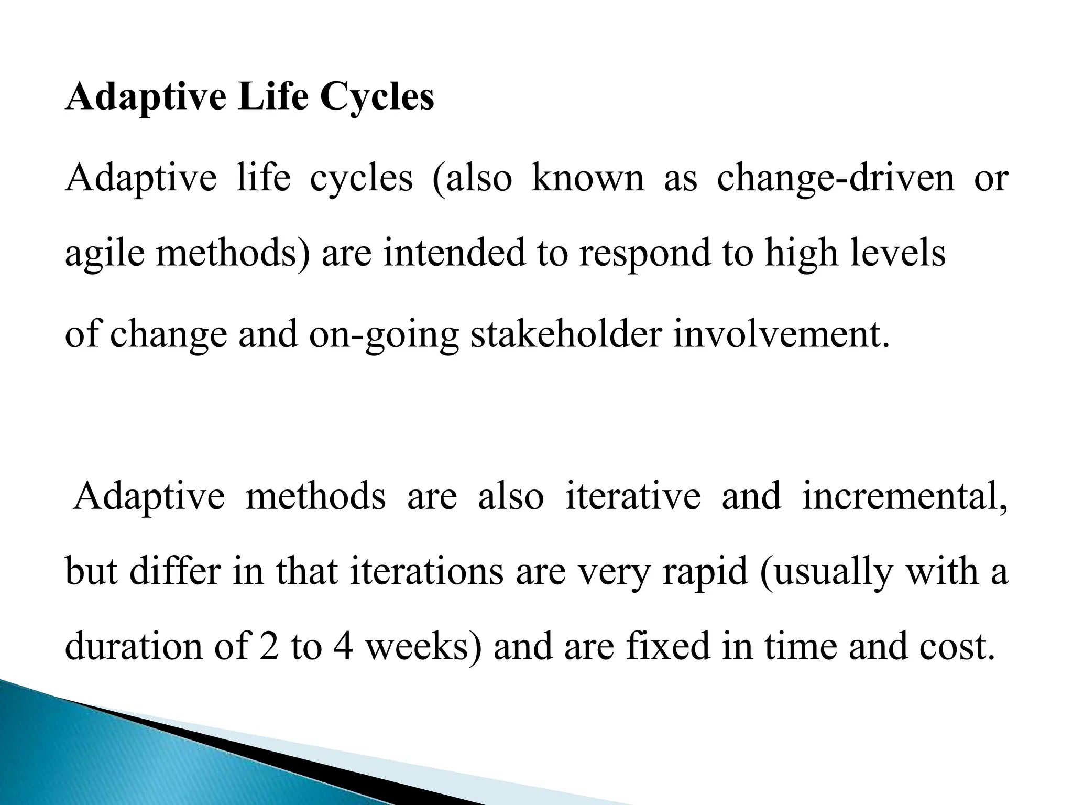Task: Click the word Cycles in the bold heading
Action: (x=377, y=97)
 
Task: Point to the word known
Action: (x=588, y=177)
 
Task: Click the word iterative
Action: (x=633, y=496)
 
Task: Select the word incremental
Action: (x=904, y=496)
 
